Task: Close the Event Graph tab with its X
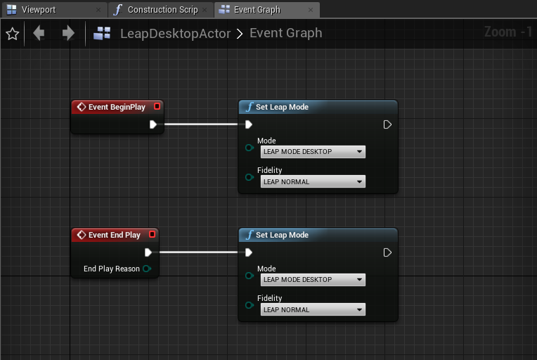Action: click(x=311, y=10)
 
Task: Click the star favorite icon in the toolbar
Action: click(x=13, y=34)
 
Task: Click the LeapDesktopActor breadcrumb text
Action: click(x=175, y=34)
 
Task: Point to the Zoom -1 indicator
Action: click(x=508, y=32)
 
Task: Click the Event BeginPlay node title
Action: click(x=117, y=107)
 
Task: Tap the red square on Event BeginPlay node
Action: click(x=157, y=107)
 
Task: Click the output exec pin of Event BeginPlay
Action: click(x=153, y=124)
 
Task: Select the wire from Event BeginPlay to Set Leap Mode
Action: click(x=201, y=124)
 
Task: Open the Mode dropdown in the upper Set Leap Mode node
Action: click(x=313, y=152)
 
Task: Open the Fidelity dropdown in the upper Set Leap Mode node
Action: click(x=313, y=181)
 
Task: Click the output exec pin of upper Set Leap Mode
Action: click(x=387, y=124)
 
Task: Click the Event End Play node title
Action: click(x=115, y=235)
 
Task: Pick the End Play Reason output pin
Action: click(x=147, y=269)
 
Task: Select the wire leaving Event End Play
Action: click(x=199, y=252)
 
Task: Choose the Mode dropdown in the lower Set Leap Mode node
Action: click(x=313, y=280)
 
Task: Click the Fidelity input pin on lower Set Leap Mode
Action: click(x=250, y=305)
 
